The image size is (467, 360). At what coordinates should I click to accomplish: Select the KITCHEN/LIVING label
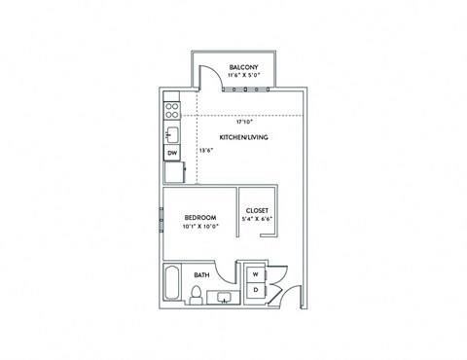click(243, 137)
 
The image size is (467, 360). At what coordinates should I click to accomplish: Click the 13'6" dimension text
click(205, 151)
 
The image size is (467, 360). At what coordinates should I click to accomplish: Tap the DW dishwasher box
click(171, 154)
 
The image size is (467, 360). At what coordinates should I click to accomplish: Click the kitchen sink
click(171, 133)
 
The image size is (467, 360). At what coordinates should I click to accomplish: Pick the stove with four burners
click(171, 109)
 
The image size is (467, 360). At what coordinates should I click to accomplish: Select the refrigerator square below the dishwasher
click(173, 172)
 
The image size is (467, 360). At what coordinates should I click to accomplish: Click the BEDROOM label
click(200, 218)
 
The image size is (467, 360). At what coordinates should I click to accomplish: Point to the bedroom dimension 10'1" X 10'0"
click(200, 227)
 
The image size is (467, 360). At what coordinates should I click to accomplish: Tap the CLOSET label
click(257, 210)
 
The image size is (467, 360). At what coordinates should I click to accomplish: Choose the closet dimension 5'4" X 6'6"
click(257, 219)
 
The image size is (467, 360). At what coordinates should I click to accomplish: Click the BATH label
click(202, 275)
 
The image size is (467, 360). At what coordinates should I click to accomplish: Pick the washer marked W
click(255, 274)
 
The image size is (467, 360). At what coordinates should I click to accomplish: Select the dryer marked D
click(255, 291)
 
